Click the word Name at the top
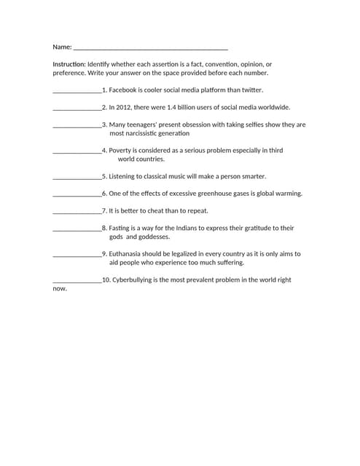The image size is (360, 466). (x=61, y=47)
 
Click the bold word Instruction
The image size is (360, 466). (x=69, y=64)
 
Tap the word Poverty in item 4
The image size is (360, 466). (x=121, y=150)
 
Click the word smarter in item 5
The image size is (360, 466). (x=252, y=176)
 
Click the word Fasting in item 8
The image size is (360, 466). (x=121, y=228)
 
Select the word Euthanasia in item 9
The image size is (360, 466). (x=127, y=254)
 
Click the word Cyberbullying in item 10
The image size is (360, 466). (x=133, y=280)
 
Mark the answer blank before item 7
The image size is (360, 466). (x=77, y=212)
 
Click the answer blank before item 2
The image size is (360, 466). (x=77, y=108)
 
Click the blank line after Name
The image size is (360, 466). (x=150, y=49)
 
